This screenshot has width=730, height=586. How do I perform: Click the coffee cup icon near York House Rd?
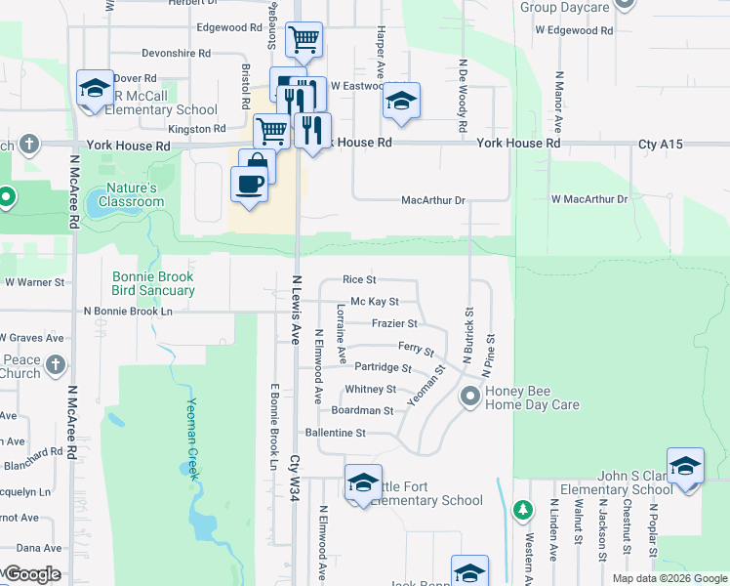[250, 184]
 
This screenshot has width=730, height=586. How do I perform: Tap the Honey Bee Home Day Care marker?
[471, 397]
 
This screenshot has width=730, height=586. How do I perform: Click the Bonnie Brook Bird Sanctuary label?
[153, 283]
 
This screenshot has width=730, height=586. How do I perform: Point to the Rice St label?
[359, 280]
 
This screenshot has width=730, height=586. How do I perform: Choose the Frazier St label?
[394, 323]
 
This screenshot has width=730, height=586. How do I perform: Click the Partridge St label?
[383, 367]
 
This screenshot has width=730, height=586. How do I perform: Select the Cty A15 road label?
[661, 144]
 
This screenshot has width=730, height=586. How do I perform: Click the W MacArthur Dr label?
[588, 199]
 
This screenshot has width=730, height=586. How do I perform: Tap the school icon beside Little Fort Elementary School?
[363, 482]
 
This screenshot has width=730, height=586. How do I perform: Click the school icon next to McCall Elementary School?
[95, 88]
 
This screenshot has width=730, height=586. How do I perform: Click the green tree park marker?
[523, 510]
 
